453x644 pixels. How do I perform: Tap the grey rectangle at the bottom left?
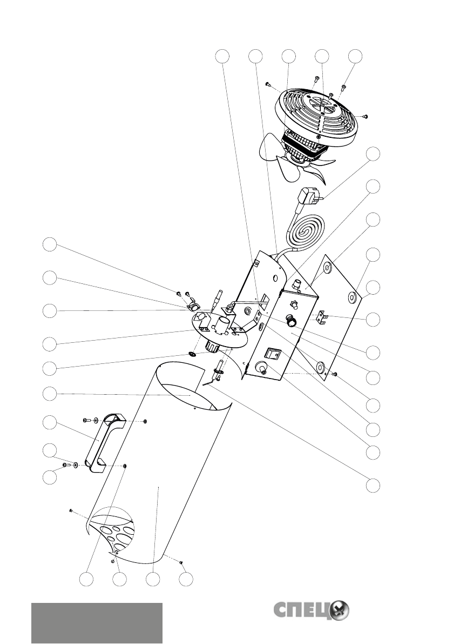click(x=97, y=623)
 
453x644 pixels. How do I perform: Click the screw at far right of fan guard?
click(x=366, y=116)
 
